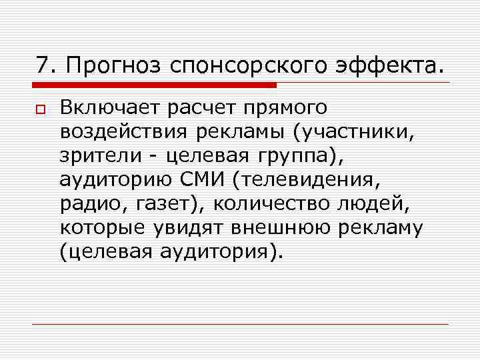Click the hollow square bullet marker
click(x=41, y=109)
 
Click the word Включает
click(x=110, y=107)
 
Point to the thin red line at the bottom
click(x=240, y=325)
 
